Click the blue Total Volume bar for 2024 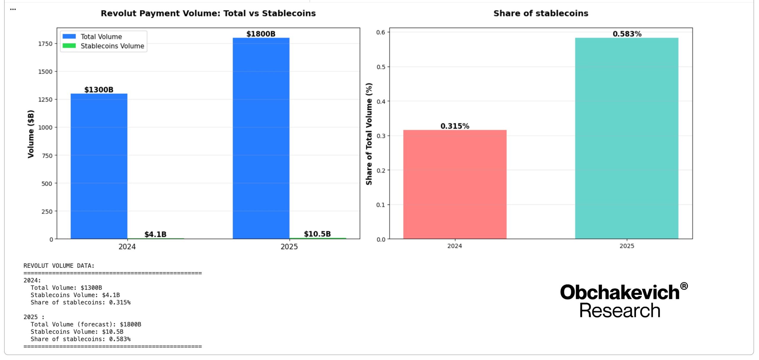pos(99,166)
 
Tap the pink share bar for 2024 pos(455,184)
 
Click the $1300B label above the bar pos(99,90)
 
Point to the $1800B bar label pos(261,34)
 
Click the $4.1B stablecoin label pos(155,234)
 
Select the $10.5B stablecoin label pos(317,234)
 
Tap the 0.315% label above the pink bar pos(455,126)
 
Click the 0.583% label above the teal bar pos(627,34)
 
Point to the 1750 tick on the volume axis pos(45,44)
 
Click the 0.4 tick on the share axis pos(381,101)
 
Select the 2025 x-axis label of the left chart pos(289,247)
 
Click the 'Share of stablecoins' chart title pos(541,13)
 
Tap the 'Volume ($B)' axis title pos(31,134)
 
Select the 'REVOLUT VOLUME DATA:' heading pos(59,266)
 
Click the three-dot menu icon pos(13,9)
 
